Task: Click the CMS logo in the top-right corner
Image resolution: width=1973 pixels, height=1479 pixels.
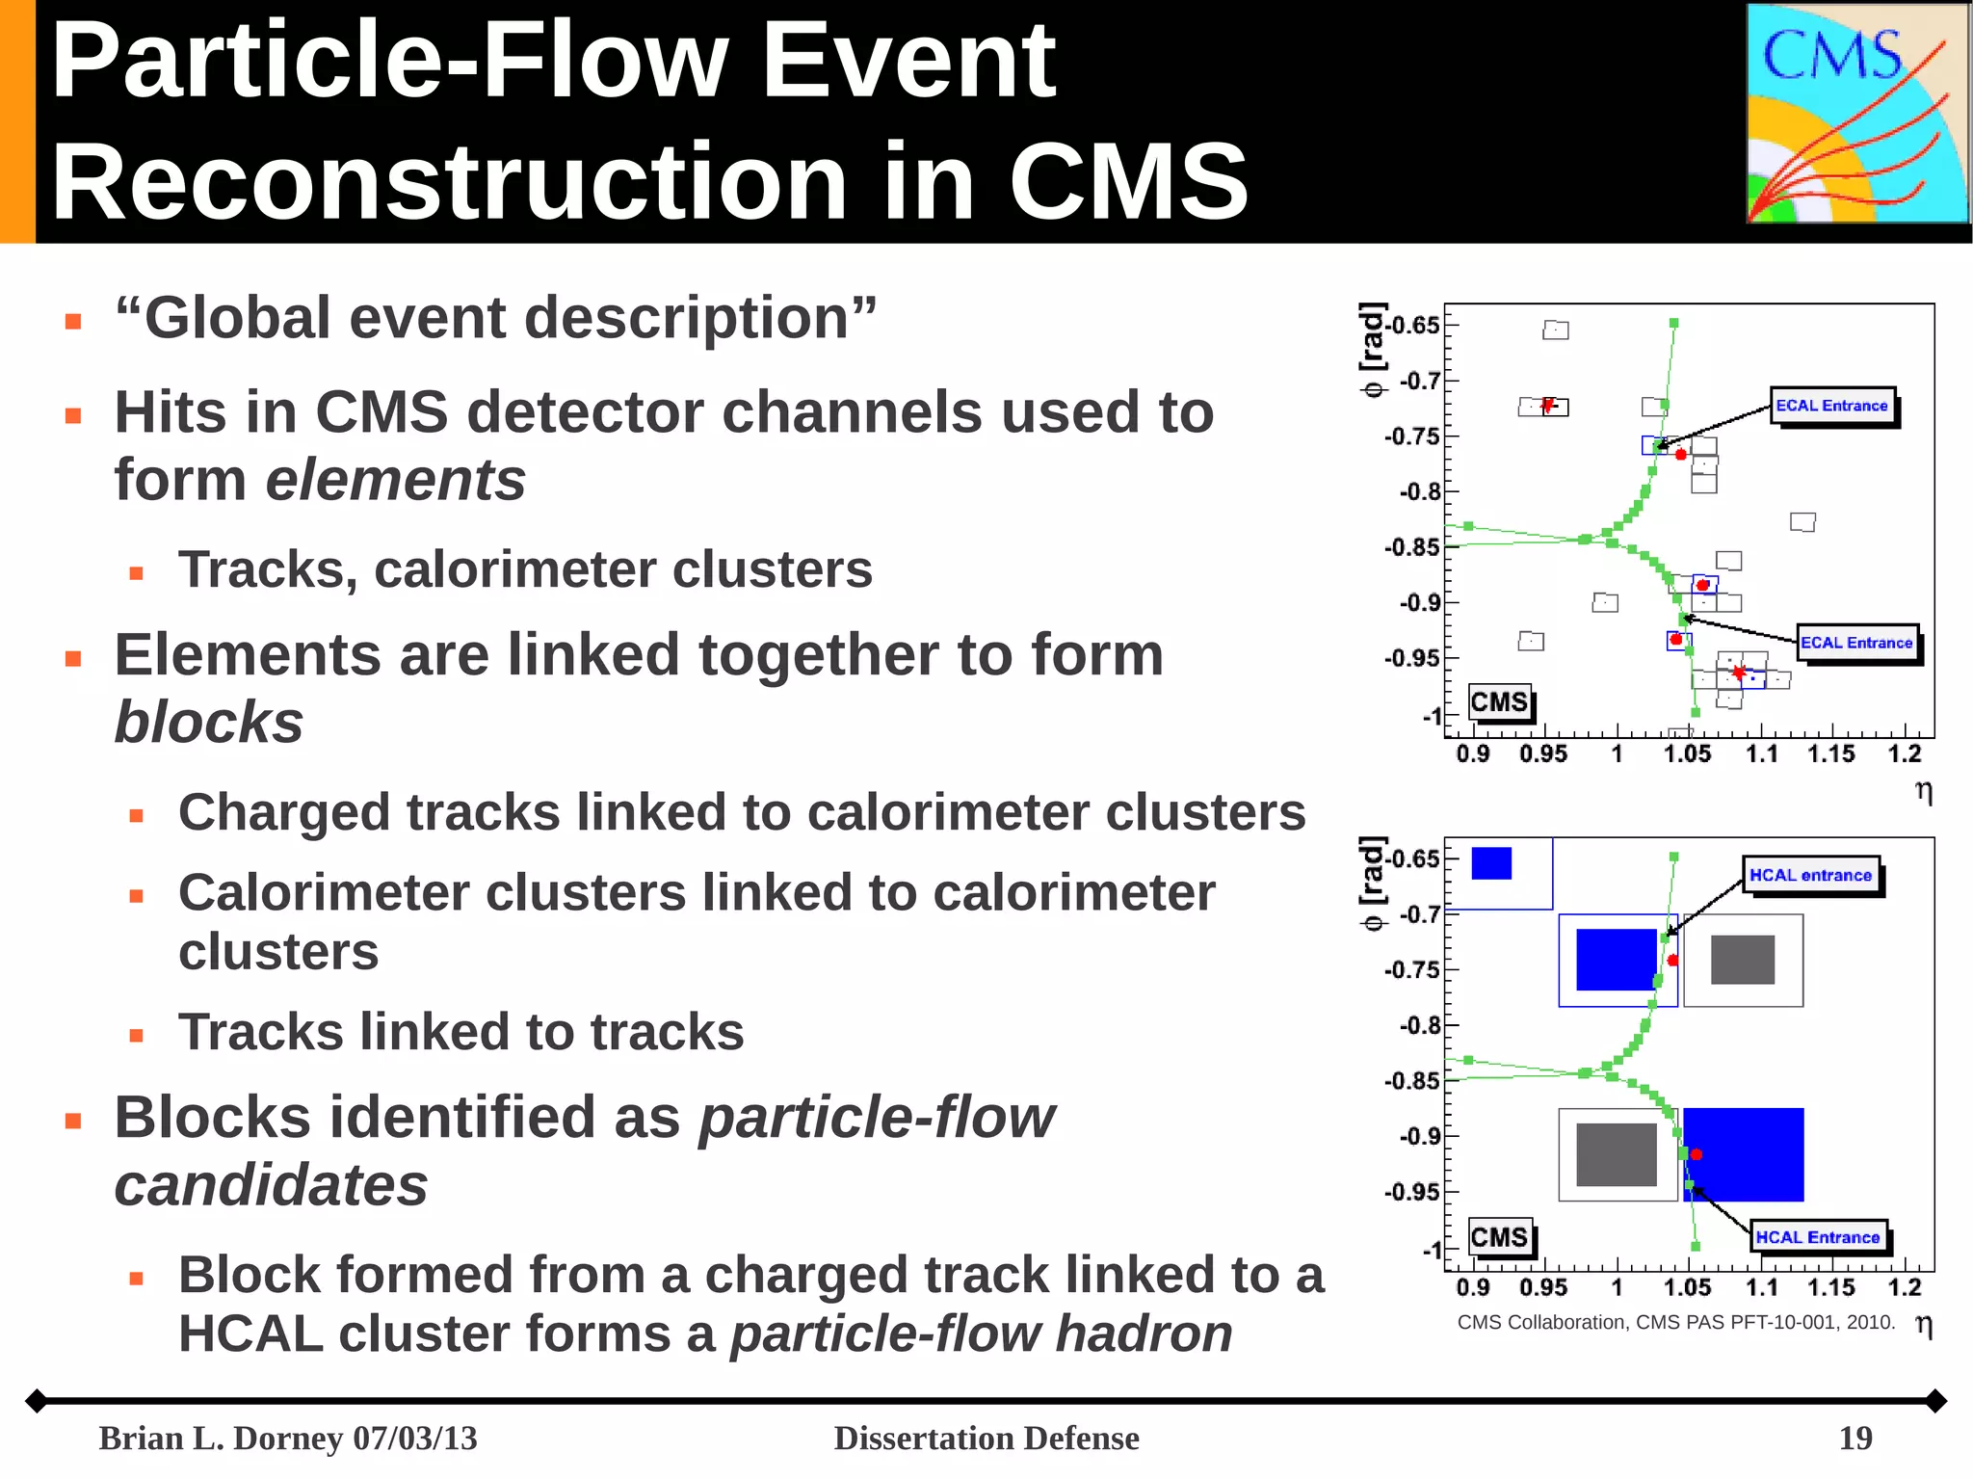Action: [1856, 113]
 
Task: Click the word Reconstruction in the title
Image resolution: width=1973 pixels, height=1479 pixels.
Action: [447, 181]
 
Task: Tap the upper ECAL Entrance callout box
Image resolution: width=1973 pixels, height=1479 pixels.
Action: [1831, 406]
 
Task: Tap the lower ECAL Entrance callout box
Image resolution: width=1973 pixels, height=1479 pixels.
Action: [1856, 643]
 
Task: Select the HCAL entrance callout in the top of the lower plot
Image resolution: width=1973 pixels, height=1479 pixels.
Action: [1810, 875]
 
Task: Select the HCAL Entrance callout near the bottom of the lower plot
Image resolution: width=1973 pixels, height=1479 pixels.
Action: [1817, 1237]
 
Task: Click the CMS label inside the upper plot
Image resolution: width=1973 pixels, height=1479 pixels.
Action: [1499, 701]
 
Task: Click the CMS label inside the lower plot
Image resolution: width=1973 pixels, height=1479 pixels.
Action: [1499, 1236]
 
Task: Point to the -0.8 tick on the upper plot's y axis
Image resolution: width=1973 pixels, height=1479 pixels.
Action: [1421, 491]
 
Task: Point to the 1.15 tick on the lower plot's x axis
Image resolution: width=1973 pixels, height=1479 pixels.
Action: [1830, 1287]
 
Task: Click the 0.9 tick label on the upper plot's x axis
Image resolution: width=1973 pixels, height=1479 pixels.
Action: [1472, 753]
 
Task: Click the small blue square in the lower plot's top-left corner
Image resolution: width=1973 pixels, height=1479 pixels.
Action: [1491, 863]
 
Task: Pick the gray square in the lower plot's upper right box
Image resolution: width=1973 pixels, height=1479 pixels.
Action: [1742, 960]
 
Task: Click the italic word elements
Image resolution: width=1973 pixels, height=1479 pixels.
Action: [395, 480]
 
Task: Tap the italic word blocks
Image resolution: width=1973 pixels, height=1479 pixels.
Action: [209, 722]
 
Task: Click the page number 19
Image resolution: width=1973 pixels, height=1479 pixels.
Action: [1855, 1438]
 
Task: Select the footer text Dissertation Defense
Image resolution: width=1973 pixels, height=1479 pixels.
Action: [986, 1438]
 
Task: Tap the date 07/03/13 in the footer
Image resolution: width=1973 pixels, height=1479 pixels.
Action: [414, 1438]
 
